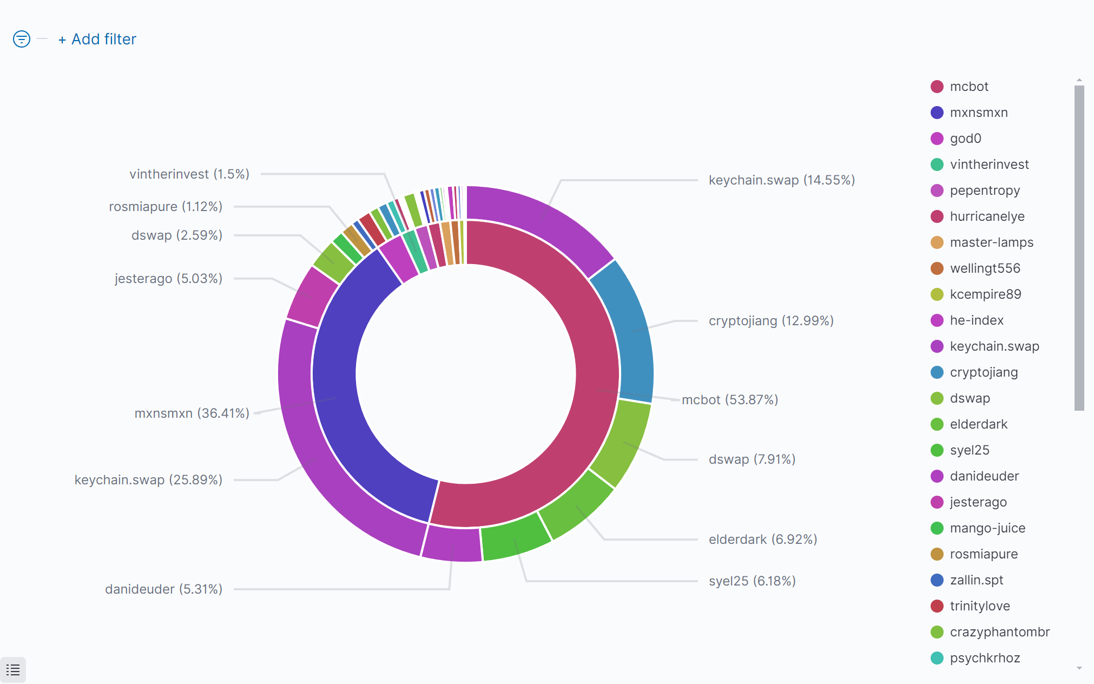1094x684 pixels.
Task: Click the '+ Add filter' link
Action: tap(97, 40)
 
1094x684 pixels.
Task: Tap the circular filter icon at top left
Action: tap(22, 39)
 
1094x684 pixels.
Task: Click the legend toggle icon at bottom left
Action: tap(13, 670)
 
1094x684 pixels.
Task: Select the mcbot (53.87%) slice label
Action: tap(729, 400)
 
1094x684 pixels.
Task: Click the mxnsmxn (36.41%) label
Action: tap(192, 413)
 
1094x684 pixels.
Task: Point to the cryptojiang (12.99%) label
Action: tap(770, 321)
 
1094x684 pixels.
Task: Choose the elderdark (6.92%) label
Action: tap(762, 540)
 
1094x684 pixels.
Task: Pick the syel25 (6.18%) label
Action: tap(752, 581)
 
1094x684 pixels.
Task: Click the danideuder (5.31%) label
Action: tap(163, 589)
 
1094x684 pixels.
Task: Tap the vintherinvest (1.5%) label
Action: tap(189, 174)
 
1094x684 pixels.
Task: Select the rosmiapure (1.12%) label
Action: tap(166, 207)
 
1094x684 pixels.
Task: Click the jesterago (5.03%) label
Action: tap(168, 279)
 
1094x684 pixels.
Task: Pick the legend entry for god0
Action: tap(965, 139)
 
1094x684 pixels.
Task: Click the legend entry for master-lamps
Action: tap(991, 242)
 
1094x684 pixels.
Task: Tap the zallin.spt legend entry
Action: tap(976, 580)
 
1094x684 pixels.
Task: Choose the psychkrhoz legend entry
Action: tap(985, 658)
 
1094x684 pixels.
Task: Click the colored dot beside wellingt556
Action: tap(937, 268)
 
